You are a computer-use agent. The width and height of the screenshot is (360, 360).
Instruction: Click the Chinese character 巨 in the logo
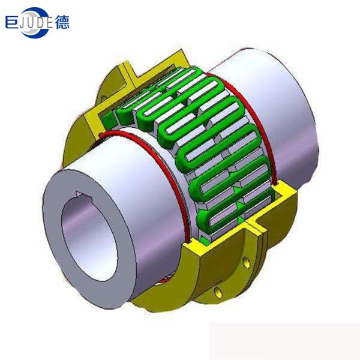(x=13, y=23)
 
